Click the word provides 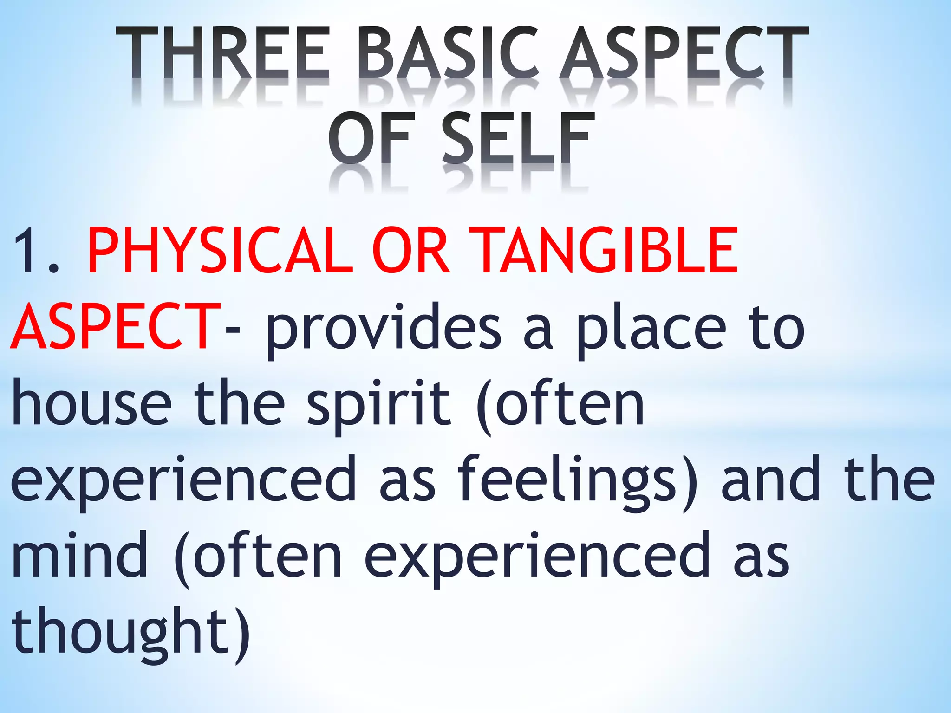coord(384,327)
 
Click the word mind coord(79,555)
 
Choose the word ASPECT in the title coord(685,52)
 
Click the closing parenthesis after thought coord(241,634)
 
